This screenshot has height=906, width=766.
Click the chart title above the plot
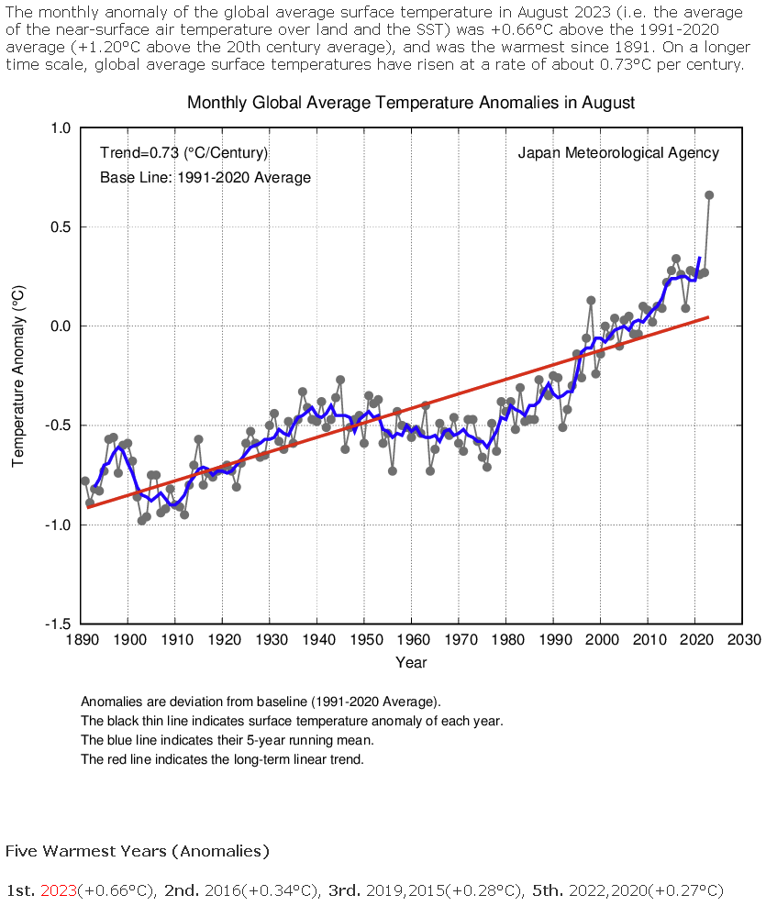(410, 103)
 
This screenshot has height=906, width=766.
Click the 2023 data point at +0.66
(709, 194)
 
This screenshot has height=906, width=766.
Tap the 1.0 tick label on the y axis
(61, 128)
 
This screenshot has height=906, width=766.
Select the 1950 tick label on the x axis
(365, 641)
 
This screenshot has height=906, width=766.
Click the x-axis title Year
(411, 662)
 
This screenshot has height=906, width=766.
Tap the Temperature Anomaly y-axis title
(18, 376)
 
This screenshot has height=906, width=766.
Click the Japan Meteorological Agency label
(618, 153)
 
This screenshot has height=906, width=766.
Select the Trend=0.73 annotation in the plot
(183, 153)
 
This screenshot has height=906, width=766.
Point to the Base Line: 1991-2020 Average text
(205, 177)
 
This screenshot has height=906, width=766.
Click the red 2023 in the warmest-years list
(59, 890)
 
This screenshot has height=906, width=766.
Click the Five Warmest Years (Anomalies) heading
(138, 851)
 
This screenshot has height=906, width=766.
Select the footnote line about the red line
(223, 759)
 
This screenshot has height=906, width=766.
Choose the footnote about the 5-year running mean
(227, 740)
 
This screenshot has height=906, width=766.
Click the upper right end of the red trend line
(708, 316)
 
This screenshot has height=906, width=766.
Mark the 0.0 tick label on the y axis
(61, 326)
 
